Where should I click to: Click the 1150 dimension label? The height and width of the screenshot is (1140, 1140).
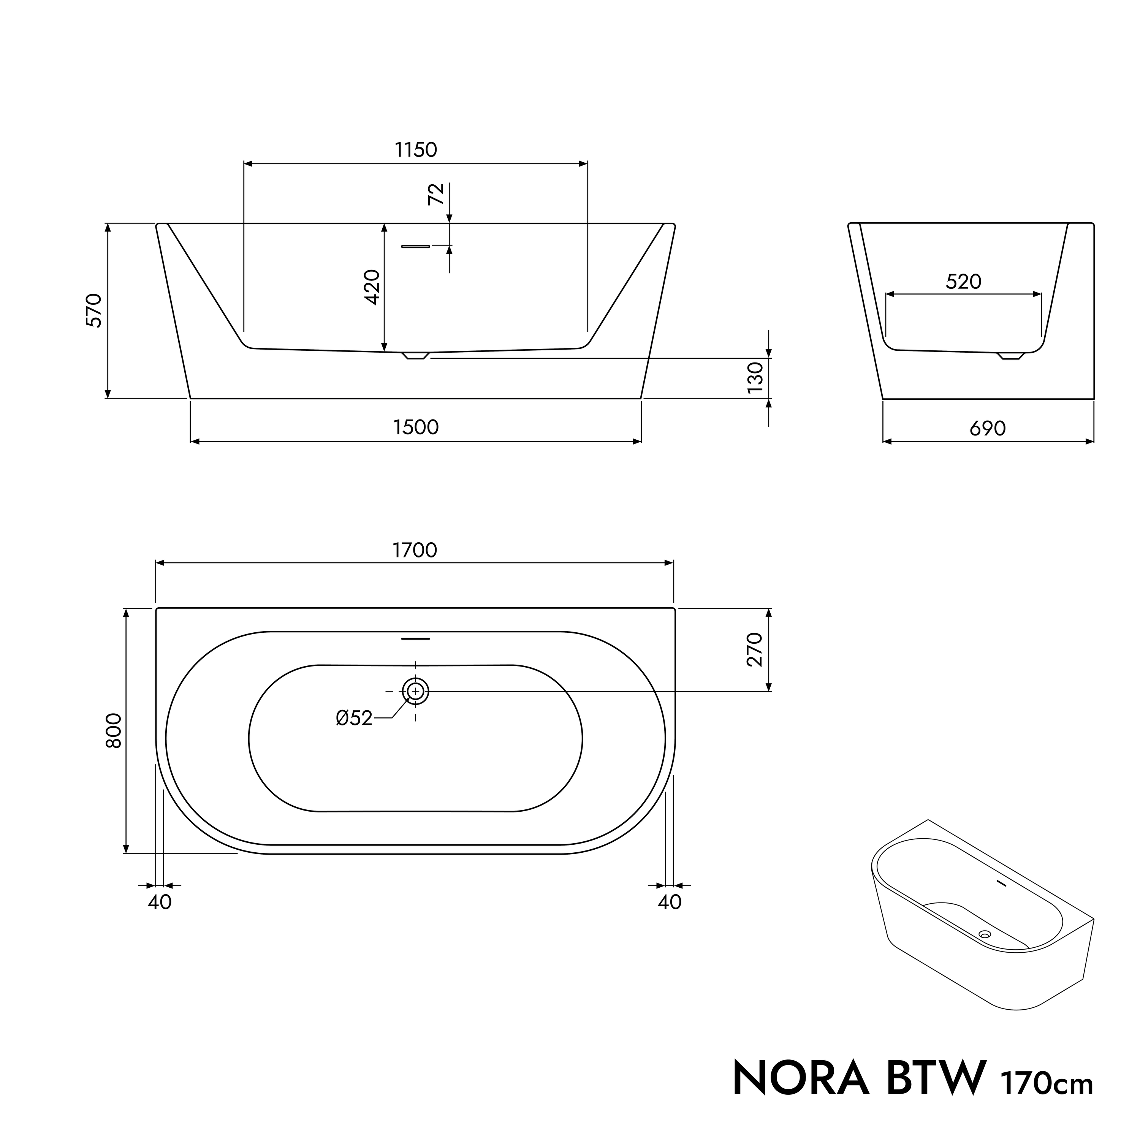416,150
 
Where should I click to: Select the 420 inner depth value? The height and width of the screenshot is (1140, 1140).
372,287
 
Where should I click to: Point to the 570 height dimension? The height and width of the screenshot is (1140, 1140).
94,310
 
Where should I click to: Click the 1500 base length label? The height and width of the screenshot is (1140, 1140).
416,427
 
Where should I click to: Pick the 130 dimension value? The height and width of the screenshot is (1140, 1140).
755,378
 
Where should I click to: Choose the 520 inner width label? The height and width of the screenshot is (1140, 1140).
964,282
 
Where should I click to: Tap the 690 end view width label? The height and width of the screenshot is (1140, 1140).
988,428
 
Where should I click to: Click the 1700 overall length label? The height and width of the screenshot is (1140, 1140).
415,550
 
